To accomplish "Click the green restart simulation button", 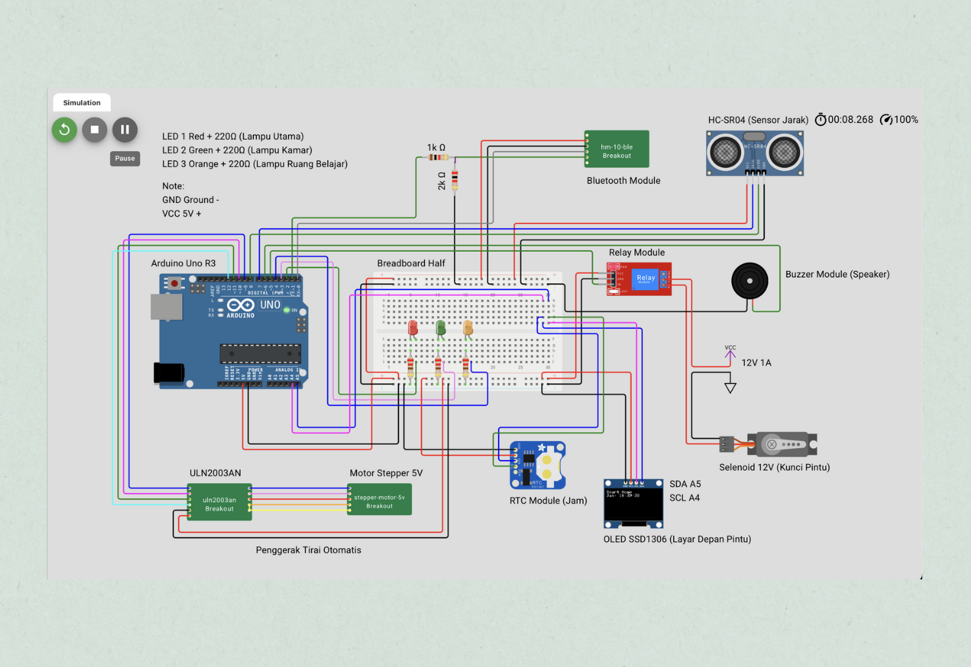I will pos(65,130).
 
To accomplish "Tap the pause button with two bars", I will pos(125,130).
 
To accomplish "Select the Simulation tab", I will pos(82,103).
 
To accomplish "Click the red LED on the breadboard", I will pos(413,328).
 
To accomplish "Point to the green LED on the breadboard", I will pos(441,328).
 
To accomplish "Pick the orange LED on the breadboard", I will pos(468,328).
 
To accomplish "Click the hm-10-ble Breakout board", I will pos(617,150).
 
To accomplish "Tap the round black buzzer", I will pos(750,281).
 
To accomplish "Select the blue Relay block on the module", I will pos(646,278).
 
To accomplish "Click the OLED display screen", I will pos(633,505).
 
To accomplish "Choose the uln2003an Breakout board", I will pos(219,503).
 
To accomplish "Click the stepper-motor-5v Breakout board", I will pos(379,500).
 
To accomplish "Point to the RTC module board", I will pos(538,465).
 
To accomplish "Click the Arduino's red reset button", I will pos(174,283).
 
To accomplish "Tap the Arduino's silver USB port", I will pos(167,307).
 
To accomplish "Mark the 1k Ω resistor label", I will pos(435,148).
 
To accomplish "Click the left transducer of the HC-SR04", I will pos(725,153).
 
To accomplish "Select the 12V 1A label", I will pos(756,362).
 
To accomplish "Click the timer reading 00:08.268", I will pos(850,119).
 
